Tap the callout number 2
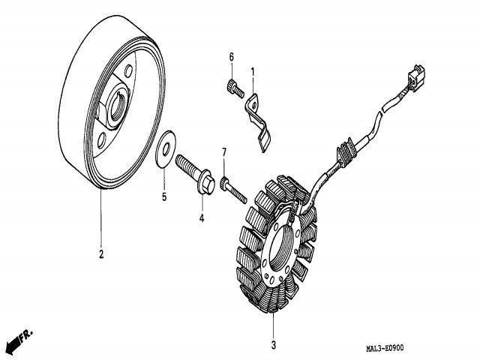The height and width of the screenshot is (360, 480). (101, 253)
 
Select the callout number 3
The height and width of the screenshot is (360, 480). (274, 345)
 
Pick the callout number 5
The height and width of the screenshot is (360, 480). (164, 198)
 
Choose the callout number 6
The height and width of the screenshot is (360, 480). (231, 58)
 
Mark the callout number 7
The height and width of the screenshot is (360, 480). (223, 153)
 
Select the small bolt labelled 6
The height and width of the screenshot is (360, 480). (232, 88)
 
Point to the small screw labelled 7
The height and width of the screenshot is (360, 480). (234, 187)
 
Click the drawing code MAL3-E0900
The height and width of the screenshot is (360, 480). (385, 348)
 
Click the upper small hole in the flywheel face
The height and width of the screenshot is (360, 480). (131, 73)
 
